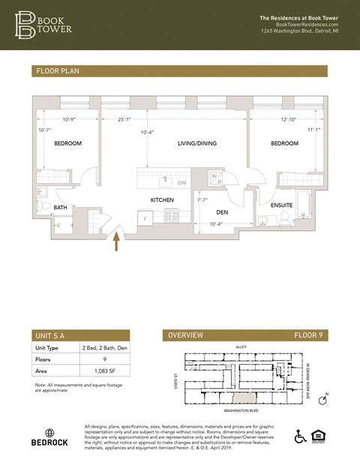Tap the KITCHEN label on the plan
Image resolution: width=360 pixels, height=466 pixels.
coord(162,200)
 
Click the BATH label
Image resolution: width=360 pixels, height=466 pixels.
coord(60,208)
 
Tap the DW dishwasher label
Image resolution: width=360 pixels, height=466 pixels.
coord(181,182)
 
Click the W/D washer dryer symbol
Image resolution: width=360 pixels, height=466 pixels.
coord(215,179)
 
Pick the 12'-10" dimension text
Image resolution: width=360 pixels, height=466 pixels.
coord(289,119)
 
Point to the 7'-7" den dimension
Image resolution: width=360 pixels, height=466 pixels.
coord(202,200)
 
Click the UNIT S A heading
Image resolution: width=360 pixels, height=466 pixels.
coord(51,335)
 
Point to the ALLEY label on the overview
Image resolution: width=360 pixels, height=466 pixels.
coord(241,347)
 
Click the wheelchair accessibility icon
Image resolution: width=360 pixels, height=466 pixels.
coord(301,437)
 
